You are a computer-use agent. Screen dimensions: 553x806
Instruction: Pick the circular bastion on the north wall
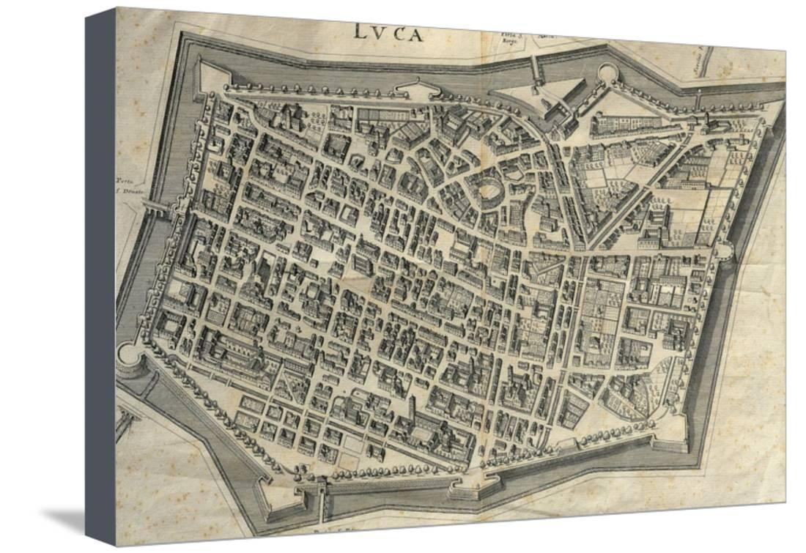[x=607, y=74]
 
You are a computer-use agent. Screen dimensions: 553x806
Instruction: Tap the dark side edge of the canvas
[x=100, y=278]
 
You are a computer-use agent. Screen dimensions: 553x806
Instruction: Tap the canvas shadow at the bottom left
[x=66, y=520]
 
